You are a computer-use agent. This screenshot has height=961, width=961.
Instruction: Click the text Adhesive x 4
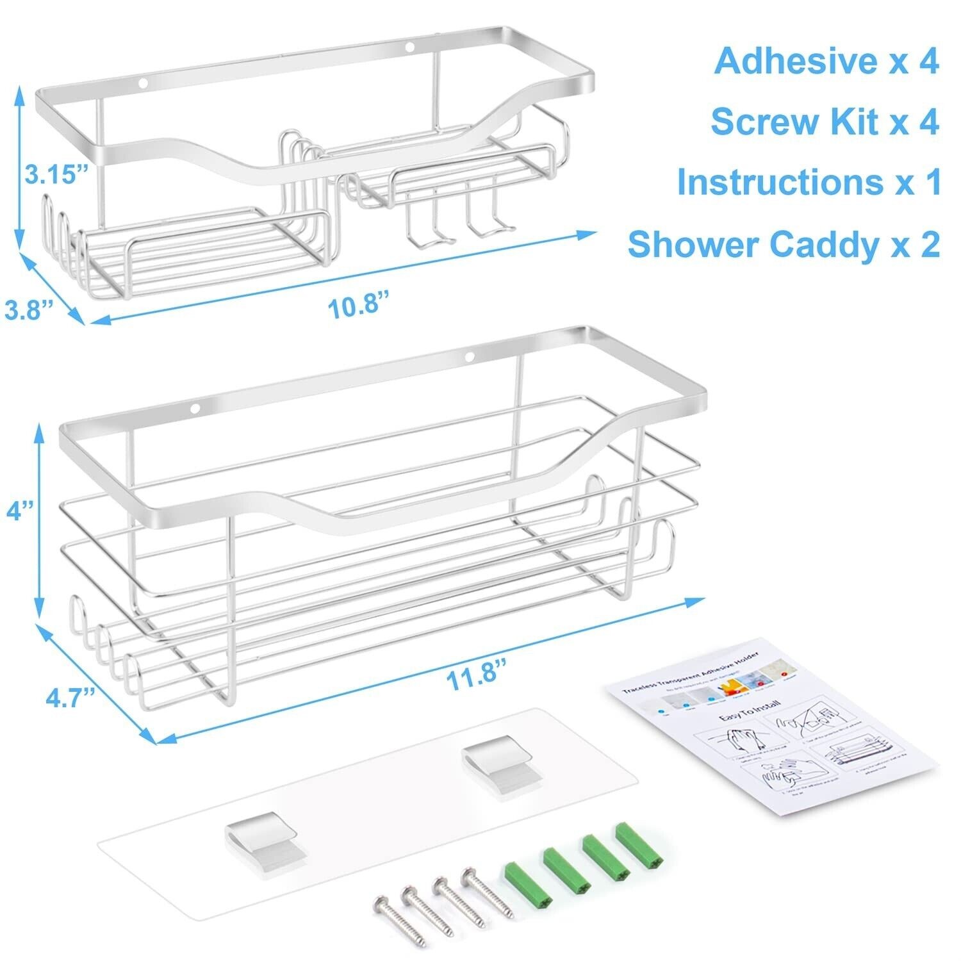point(826,62)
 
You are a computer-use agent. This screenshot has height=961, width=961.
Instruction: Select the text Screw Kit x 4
point(825,122)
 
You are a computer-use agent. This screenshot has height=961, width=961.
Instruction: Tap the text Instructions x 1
point(809,182)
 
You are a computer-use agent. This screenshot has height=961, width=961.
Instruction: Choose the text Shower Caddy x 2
point(784,244)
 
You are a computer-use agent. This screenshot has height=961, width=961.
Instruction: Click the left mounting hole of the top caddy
point(143,83)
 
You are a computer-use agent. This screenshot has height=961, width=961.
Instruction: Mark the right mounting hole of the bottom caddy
point(469,356)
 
